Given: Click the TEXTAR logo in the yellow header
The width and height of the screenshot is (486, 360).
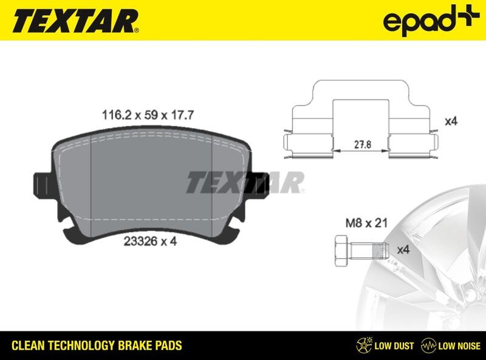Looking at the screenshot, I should point(71,20).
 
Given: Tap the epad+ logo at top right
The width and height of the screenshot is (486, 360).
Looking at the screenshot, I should point(426,20).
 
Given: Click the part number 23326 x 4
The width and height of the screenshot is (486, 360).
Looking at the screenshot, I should point(150,241).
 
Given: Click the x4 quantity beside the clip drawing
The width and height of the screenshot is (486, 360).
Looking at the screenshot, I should point(450,121).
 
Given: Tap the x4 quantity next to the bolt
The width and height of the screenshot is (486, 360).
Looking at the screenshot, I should point(403,250).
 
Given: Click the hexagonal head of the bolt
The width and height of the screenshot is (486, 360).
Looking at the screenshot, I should point(341,249).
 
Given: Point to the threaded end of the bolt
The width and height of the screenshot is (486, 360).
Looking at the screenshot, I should point(380,249).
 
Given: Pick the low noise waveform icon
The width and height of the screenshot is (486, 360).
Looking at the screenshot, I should point(430,345).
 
